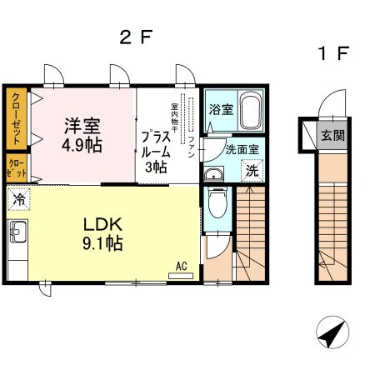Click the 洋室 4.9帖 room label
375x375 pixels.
[x=82, y=136]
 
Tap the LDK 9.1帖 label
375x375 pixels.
[x=102, y=234]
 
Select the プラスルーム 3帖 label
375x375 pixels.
[x=156, y=152]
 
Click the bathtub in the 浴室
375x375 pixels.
[x=250, y=111]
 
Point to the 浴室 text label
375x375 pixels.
[x=221, y=109]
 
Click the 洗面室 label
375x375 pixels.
[x=242, y=149]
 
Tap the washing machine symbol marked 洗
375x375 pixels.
[x=252, y=170]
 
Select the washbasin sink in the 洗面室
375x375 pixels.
[x=214, y=175]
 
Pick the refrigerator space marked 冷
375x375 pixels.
[x=18, y=199]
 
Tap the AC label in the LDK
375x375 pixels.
[x=181, y=266]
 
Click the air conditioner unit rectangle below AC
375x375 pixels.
[x=181, y=276]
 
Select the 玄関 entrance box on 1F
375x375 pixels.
[x=332, y=136]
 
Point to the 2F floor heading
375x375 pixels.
[x=136, y=37]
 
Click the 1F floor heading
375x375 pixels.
[x=332, y=53]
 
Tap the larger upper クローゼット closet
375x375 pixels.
[x=17, y=119]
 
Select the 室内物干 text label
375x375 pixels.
[x=174, y=117]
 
